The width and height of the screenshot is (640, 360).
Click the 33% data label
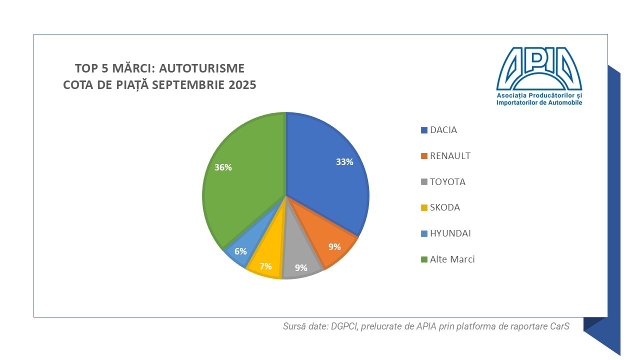[x=344, y=162]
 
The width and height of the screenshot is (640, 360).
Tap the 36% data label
[x=223, y=167]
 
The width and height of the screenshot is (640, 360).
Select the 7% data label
[x=265, y=266]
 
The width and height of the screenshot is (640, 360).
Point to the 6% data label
[x=240, y=251]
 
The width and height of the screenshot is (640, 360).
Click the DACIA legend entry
[x=443, y=130]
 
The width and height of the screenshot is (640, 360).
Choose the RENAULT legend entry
[x=450, y=156]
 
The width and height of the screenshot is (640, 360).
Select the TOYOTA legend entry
[x=447, y=182]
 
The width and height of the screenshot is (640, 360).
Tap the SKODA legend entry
[x=444, y=207]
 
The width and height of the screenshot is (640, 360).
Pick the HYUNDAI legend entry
[x=450, y=233]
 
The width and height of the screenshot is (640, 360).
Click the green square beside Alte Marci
[x=424, y=259]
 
